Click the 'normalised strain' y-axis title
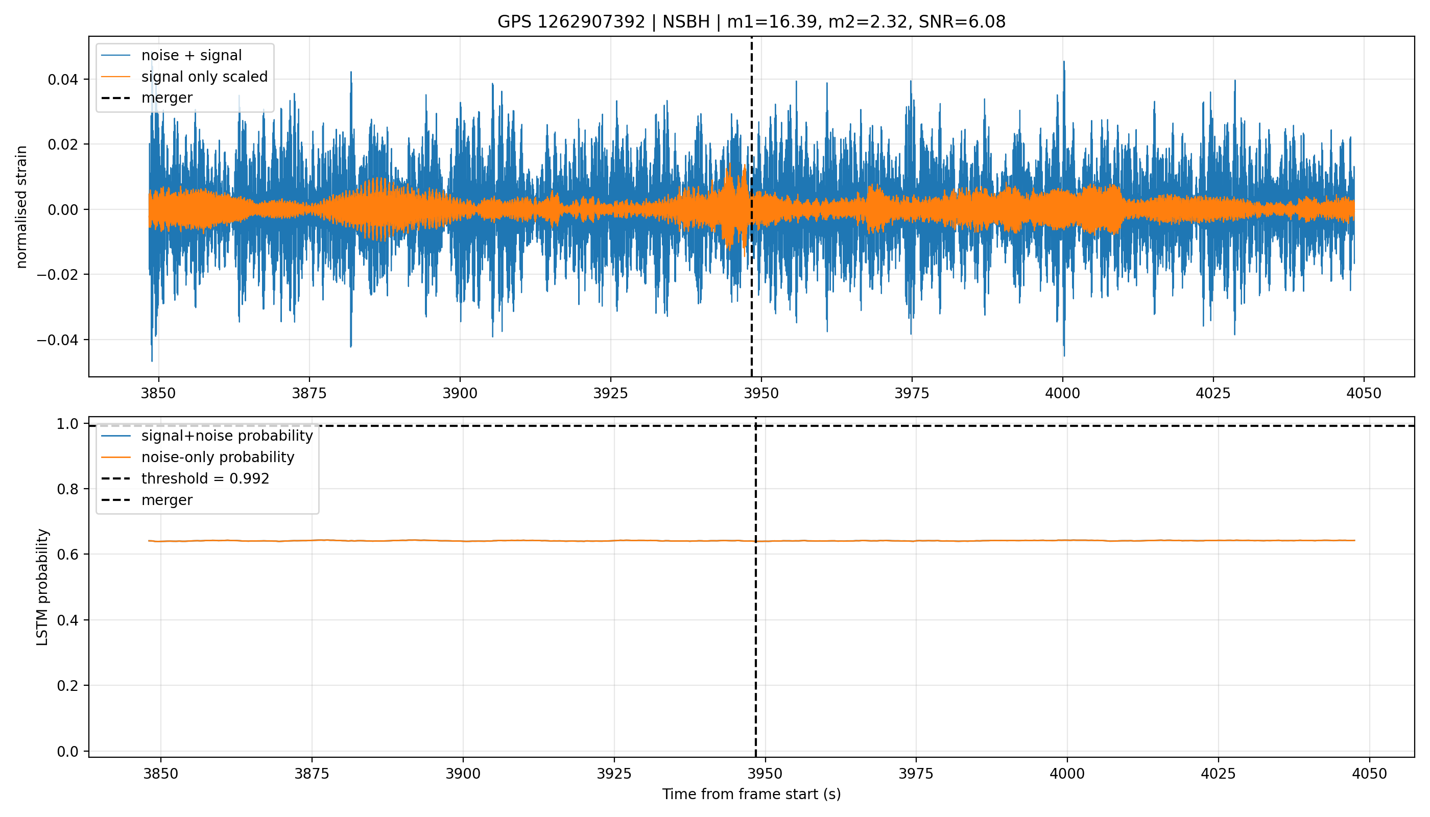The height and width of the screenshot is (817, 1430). [21, 207]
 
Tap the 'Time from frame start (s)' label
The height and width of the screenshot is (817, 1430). [751, 794]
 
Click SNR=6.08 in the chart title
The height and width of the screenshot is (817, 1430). [962, 22]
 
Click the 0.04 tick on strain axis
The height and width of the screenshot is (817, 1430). [63, 80]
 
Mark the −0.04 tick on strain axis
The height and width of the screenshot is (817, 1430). [59, 340]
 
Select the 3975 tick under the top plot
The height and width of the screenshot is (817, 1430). [912, 393]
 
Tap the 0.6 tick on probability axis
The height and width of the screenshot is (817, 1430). [68, 555]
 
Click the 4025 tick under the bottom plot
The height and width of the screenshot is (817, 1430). [1218, 774]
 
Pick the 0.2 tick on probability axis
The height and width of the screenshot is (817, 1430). [68, 686]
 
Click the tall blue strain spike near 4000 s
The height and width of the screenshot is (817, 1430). [1063, 208]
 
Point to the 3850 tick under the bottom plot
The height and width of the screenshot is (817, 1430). [160, 774]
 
